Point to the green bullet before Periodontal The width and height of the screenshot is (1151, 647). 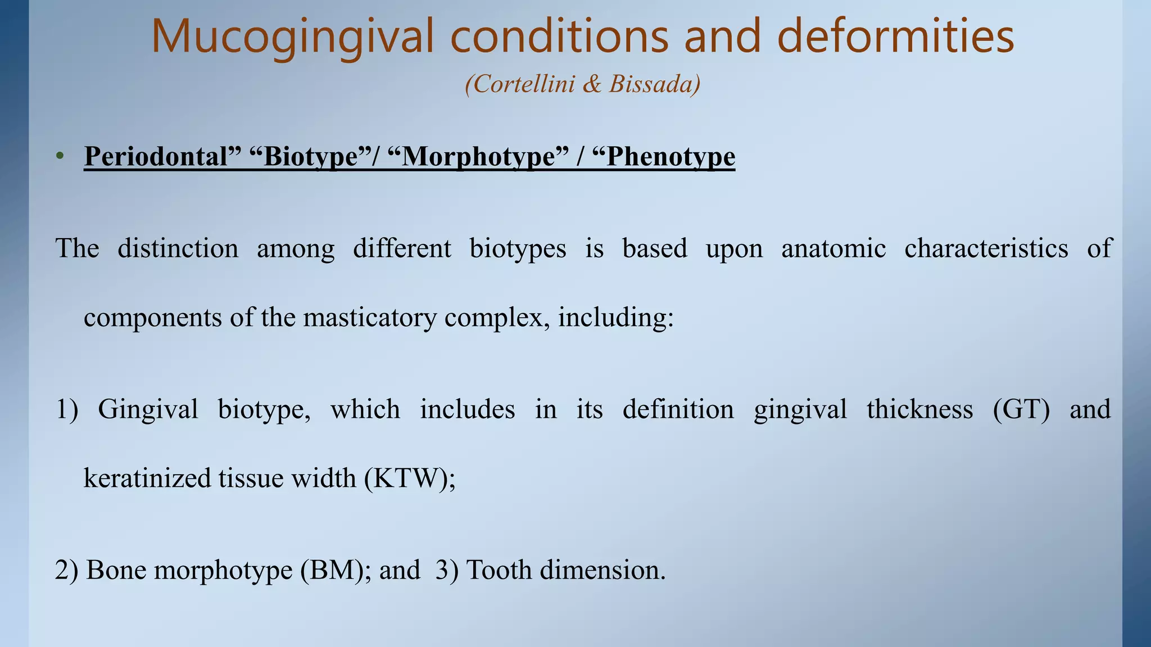click(x=60, y=157)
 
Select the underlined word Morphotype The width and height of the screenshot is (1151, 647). click(x=478, y=157)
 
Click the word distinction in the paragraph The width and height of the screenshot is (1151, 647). click(x=178, y=249)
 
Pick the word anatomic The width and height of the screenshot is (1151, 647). click(x=833, y=249)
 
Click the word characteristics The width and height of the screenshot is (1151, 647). click(x=986, y=249)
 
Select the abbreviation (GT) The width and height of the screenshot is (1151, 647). click(x=1021, y=409)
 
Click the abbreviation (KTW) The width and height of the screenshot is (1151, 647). click(x=409, y=479)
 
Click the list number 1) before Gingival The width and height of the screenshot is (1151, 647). click(x=67, y=409)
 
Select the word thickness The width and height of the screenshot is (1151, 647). click(x=919, y=409)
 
